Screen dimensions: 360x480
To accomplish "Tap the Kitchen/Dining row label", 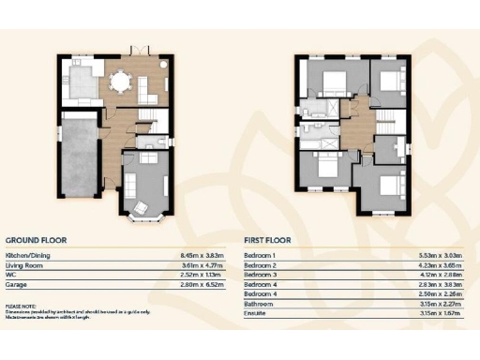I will [x=27, y=255].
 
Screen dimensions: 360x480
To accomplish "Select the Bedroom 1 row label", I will [x=260, y=255].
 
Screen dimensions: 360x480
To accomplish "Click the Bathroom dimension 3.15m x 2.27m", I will [x=442, y=304].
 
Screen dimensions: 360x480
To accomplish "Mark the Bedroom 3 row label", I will [x=260, y=274].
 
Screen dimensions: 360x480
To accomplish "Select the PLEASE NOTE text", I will [x=21, y=306].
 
